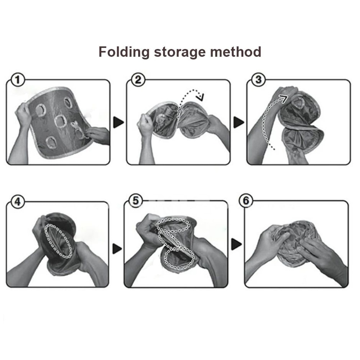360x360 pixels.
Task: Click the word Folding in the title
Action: [x=123, y=52]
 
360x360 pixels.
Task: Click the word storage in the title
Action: [x=179, y=53]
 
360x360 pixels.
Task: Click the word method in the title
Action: [x=235, y=52]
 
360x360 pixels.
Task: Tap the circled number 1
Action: [x=17, y=79]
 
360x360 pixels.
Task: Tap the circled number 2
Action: [x=137, y=80]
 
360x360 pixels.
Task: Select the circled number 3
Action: [x=258, y=79]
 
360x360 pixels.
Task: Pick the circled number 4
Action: [x=17, y=202]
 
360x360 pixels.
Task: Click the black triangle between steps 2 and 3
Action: [x=238, y=122]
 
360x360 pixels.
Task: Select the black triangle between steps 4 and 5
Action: [x=117, y=248]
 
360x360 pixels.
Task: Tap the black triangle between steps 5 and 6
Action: [x=236, y=244]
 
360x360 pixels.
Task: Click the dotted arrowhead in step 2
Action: [x=200, y=97]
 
